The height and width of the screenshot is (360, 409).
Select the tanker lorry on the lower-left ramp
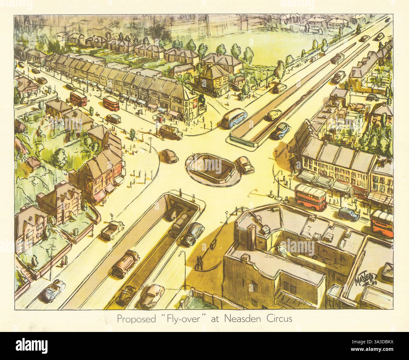pos(125,264)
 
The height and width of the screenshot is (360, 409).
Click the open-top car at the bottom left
pos(52,290)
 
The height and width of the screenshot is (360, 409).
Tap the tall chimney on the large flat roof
pos(252,236)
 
